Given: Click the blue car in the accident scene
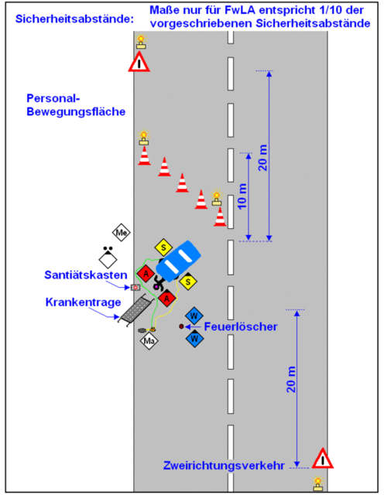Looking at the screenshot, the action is [x=178, y=261].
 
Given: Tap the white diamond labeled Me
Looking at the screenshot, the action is [x=122, y=233].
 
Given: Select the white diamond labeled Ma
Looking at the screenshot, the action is [x=149, y=340].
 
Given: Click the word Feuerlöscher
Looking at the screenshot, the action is [x=241, y=326].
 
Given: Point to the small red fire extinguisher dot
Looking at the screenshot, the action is [x=181, y=326].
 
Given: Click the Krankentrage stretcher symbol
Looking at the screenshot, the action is [x=135, y=311].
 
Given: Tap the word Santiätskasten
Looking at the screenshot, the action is [x=86, y=275].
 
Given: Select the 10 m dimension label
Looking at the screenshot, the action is [x=242, y=196].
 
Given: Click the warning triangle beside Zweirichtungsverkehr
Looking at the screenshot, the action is [x=322, y=459].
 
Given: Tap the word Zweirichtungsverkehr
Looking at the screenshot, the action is [x=224, y=466].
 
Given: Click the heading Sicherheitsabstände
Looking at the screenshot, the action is [x=74, y=19].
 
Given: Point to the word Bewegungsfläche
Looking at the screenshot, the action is [x=76, y=111].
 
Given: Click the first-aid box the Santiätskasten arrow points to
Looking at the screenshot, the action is [x=135, y=287].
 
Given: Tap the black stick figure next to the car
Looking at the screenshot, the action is [x=158, y=283].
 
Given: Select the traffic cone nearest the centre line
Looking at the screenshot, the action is [x=220, y=217].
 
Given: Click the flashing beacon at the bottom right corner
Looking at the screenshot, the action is [x=318, y=483].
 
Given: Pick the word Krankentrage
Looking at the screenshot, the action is [x=83, y=302].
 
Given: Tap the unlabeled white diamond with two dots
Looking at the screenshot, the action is [x=108, y=258].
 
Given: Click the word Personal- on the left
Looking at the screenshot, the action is [x=53, y=98].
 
